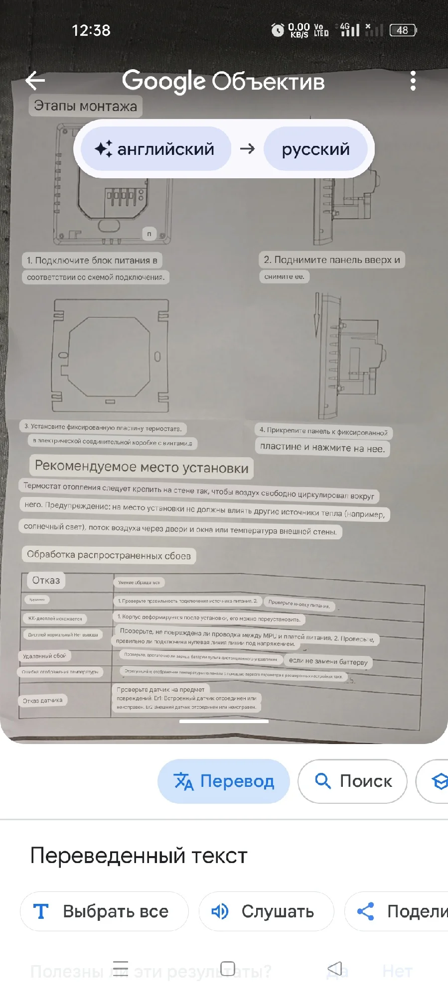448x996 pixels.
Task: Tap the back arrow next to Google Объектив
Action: pos(35,80)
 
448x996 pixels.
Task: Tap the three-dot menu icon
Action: pos(413,81)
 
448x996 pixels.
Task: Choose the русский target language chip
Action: pos(315,149)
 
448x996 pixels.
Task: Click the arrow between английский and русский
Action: pos(247,149)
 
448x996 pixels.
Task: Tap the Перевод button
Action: pos(224,781)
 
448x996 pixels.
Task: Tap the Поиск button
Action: pos(353,781)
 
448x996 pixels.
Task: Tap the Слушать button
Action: pos(266,911)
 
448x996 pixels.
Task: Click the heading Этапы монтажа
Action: pos(85,106)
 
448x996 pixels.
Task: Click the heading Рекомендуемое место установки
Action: pos(142,467)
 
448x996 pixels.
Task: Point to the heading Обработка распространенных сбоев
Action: pos(109,555)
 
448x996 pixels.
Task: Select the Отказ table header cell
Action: pos(46,580)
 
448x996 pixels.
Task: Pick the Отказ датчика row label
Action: pos(43,700)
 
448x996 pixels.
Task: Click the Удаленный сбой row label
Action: pos(44,656)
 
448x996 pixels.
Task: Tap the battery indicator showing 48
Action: pos(403,30)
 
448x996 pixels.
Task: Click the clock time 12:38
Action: pos(91,30)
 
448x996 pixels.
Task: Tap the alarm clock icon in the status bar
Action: pos(278,30)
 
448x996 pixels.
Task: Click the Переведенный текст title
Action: pos(139,856)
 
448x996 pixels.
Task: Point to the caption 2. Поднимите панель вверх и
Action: pos(332,259)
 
